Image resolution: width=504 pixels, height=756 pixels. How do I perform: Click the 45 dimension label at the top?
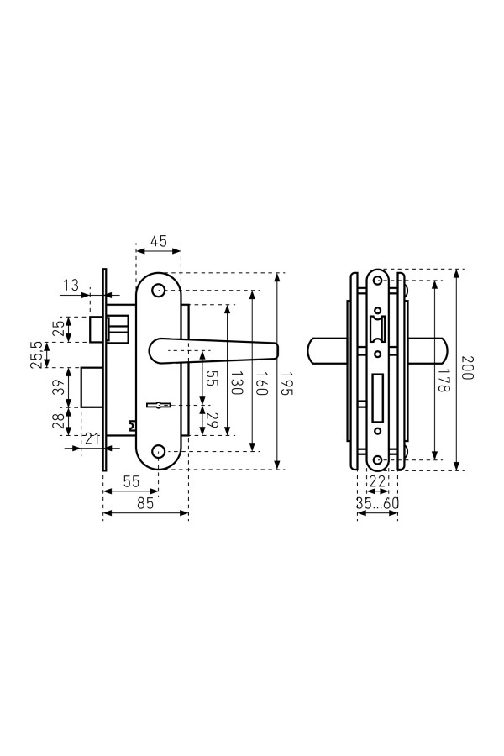point(159,240)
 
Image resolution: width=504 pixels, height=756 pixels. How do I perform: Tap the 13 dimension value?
point(71,286)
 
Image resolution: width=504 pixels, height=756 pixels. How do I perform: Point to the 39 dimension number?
point(58,387)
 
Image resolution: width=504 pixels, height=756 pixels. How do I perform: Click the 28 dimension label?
point(58,422)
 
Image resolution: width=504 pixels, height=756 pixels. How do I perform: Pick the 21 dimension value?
point(92,438)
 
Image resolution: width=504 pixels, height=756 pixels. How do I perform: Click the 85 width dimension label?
point(145,503)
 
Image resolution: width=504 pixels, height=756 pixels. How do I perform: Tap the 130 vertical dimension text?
point(236,382)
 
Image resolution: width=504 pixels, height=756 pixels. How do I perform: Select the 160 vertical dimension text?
point(261,383)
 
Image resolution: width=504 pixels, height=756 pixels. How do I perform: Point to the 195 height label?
point(287,383)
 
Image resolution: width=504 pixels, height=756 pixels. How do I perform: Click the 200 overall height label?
point(466,368)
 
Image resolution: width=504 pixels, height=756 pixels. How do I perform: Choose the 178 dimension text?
point(444,380)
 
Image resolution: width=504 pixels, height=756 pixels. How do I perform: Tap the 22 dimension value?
point(378,481)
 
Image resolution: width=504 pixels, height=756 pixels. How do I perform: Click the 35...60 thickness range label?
point(378,503)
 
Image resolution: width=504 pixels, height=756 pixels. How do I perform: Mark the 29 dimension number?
point(213,420)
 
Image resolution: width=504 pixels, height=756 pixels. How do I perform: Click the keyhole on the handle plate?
point(158,405)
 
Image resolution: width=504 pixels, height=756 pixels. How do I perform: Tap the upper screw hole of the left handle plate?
point(158,291)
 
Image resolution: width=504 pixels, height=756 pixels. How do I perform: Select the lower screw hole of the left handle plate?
point(158,451)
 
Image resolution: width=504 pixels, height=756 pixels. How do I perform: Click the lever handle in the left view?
point(213,349)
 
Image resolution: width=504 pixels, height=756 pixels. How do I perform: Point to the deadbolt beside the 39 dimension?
point(92,387)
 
